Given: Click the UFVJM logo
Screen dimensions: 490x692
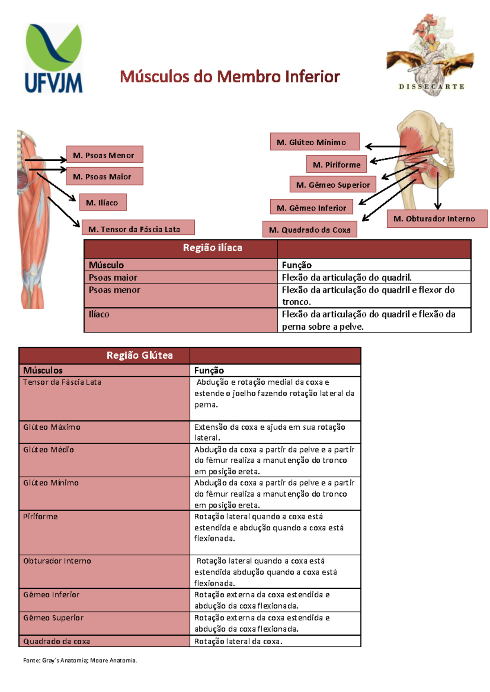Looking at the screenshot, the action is click(53, 58).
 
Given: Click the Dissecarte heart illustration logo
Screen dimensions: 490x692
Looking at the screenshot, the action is click(430, 55).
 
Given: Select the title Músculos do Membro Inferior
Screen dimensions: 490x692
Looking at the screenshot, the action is click(230, 77).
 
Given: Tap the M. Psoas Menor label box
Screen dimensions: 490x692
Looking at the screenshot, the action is click(105, 154).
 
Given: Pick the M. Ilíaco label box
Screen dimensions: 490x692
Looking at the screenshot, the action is click(103, 202).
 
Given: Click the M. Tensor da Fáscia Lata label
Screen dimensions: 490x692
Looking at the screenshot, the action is click(138, 228).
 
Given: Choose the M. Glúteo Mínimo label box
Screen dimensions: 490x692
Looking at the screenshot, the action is click(315, 142).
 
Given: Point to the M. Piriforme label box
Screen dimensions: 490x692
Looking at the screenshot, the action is click(336, 164).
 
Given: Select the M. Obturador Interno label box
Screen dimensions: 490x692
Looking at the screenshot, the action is click(437, 219).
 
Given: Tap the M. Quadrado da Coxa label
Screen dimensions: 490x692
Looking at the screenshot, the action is click(310, 229).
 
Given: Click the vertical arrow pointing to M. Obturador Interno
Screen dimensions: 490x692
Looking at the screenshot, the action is click(437, 191).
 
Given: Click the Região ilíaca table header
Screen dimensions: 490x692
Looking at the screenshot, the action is click(212, 248).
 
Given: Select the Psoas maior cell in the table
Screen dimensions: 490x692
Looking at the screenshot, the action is click(181, 277).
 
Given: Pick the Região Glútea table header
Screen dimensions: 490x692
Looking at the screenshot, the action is click(139, 355).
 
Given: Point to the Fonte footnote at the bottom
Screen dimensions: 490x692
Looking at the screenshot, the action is click(80, 661).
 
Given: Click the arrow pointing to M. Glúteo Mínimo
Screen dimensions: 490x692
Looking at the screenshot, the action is click(386, 146).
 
